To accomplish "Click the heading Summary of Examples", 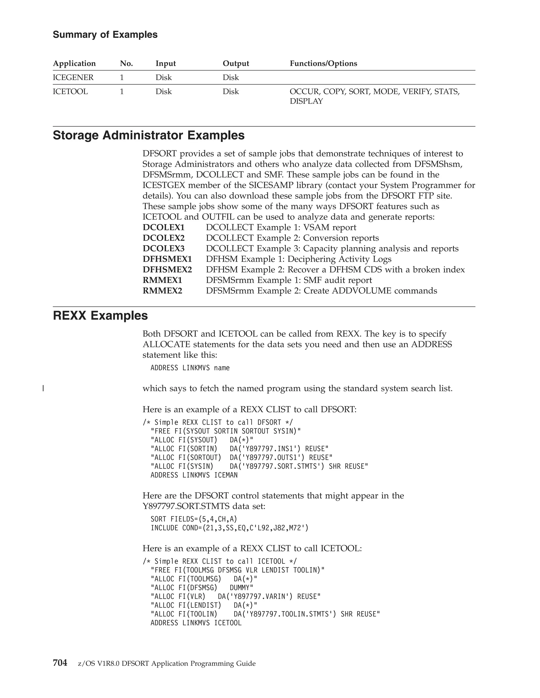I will [105, 35].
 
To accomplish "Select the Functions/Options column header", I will [323, 63].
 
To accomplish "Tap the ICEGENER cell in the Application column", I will [73, 77].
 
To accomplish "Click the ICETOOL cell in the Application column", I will [70, 91].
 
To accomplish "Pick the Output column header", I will [235, 63].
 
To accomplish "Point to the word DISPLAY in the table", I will [306, 101].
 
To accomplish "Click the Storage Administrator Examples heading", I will [148, 135].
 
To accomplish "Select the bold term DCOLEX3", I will [163, 248].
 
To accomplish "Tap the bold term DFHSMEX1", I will [167, 259].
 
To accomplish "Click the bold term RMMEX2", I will [162, 291].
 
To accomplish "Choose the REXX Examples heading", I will [100, 316].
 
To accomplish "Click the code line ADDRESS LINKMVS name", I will [190, 368].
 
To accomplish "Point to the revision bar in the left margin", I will [43, 389].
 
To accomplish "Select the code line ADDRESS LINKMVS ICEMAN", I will [194, 475].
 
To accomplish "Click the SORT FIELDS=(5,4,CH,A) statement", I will [194, 519].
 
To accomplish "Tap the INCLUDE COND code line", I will [229, 528].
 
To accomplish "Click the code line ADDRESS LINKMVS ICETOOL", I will [196, 623].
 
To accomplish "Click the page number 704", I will [60, 663].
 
